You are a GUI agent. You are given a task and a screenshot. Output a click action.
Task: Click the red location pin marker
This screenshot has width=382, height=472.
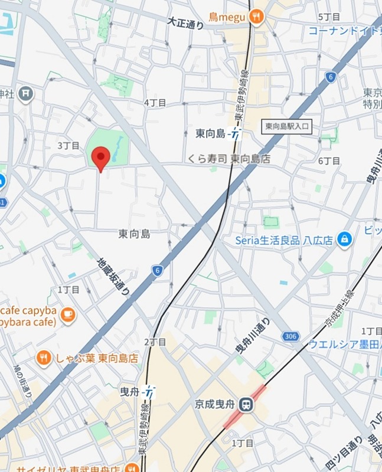[102, 158]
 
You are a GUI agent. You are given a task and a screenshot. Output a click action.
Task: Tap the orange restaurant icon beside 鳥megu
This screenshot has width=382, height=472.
[256, 18]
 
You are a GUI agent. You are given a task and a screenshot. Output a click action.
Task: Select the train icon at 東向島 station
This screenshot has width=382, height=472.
[236, 134]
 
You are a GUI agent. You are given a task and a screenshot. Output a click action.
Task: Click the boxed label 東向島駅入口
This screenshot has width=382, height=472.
[286, 126]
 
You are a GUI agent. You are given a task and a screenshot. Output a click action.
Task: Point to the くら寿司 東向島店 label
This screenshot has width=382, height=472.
[230, 159]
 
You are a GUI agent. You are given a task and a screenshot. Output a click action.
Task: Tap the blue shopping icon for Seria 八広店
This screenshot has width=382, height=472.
[344, 240]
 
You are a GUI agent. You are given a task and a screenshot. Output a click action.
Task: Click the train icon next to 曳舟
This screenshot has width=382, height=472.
[151, 391]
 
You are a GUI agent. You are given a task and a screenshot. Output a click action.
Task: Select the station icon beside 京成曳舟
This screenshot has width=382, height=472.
[247, 405]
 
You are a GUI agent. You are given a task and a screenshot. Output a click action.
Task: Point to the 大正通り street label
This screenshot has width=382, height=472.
[185, 24]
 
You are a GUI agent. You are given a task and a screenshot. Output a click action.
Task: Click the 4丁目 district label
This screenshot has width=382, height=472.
[155, 102]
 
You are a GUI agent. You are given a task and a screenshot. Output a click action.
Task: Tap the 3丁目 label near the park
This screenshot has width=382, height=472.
[68, 145]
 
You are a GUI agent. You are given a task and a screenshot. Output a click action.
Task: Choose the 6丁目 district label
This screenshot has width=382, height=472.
[329, 160]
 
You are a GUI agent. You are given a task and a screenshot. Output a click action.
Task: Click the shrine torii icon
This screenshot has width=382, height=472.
[25, 93]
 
